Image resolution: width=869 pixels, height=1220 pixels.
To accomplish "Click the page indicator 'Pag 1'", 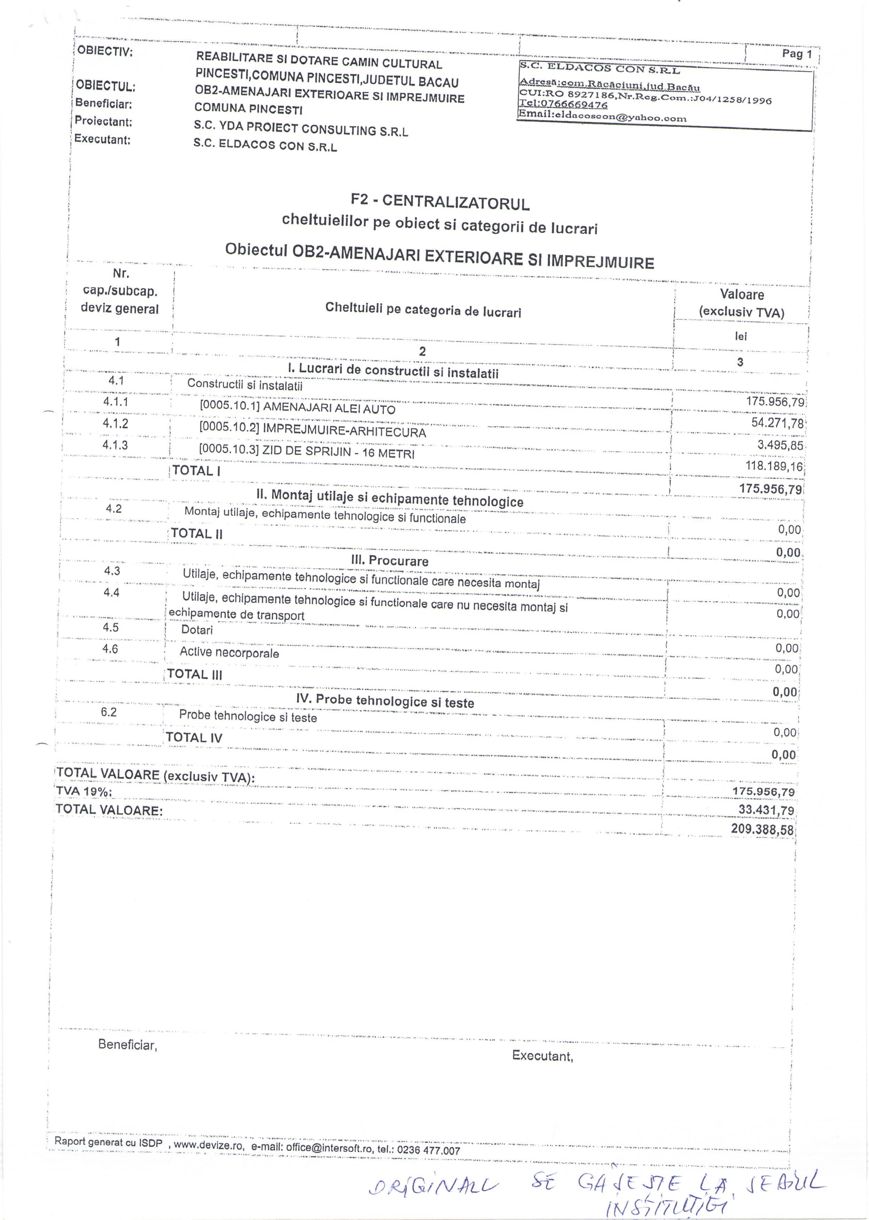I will coord(796,54).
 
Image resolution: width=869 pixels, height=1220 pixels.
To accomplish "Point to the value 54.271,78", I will coord(777,423).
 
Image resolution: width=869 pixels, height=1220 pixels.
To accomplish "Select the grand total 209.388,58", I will coord(762,829).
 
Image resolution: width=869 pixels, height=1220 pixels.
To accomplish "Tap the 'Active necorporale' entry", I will coord(229,653).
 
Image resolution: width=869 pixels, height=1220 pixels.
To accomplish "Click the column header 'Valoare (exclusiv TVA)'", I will coord(741,303).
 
